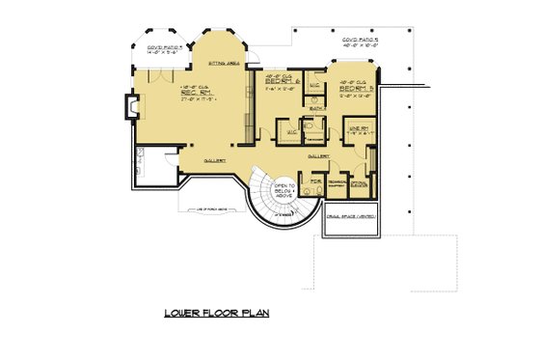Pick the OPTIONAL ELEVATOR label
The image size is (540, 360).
[x=360, y=184]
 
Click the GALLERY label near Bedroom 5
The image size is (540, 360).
[x=319, y=154]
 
